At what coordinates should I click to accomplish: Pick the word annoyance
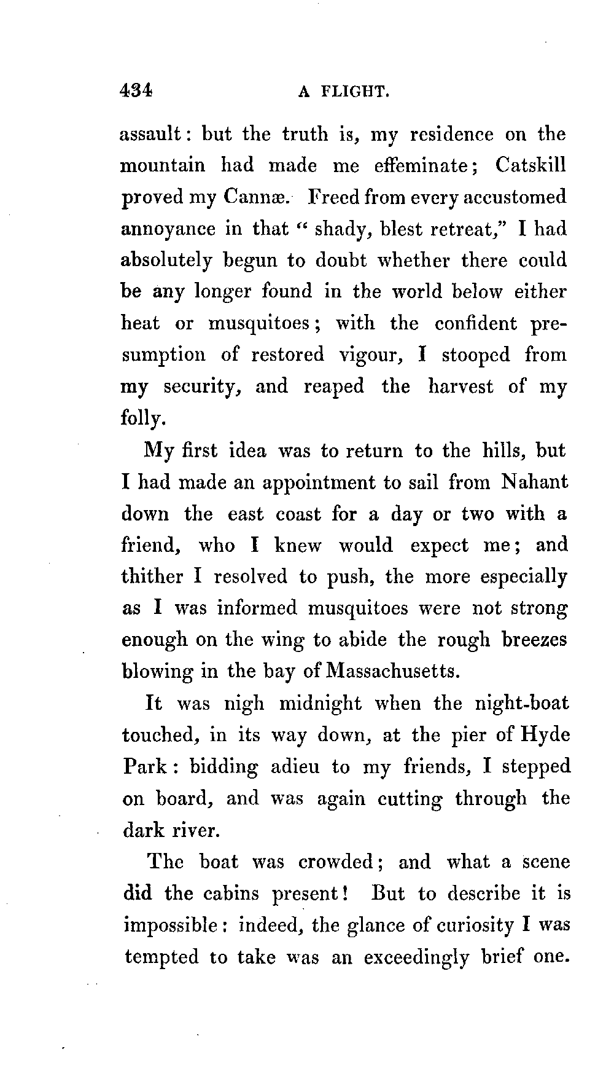[x=168, y=229]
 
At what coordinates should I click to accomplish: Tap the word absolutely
[x=166, y=261]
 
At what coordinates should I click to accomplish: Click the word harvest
[x=460, y=386]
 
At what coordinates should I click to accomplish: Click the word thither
[x=152, y=576]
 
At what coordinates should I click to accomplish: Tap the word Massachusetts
[x=393, y=670]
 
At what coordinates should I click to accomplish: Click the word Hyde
[x=545, y=735]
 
